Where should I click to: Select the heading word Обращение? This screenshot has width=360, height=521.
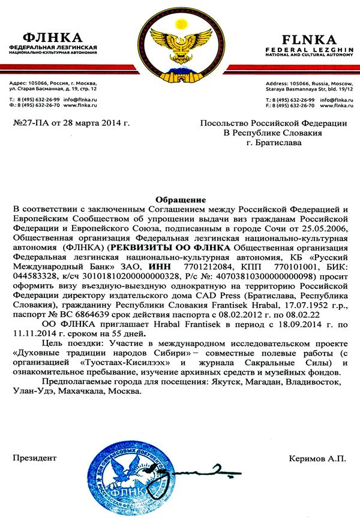[180, 199]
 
